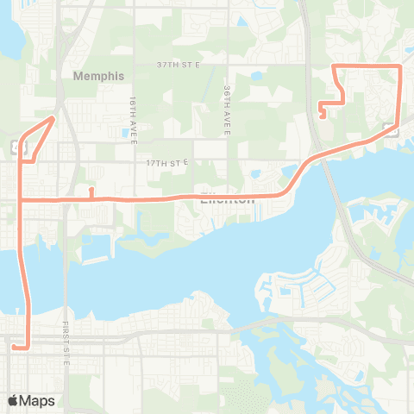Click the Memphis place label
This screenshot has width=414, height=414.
pos(99,75)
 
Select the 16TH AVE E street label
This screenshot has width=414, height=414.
pos(134,108)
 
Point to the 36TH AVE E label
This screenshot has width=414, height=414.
pos(226,110)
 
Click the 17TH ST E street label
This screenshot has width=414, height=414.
pos(166,162)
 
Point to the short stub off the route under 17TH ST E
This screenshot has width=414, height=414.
pos(91,191)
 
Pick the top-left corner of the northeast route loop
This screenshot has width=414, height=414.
pos(335,66)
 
